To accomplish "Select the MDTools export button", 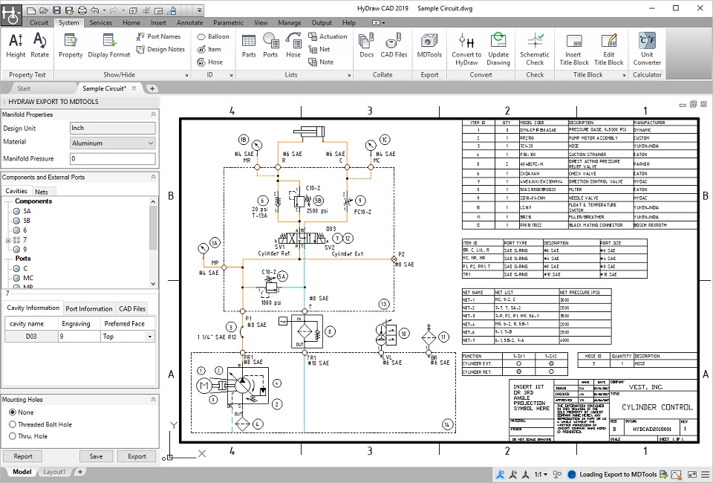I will pos(429,46).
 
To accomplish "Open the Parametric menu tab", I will pos(228,23).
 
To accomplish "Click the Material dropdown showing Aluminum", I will pos(111,143).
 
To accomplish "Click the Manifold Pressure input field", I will pos(111,158).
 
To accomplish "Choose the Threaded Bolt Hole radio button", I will pos(12,424).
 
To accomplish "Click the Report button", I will pos(22,456).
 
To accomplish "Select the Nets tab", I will pos(42,192).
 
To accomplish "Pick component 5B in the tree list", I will pos(27,221).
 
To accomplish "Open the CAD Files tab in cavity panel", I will pos(132,308).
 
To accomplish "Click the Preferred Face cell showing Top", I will pos(127,337).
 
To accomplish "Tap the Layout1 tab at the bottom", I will pos(54,472).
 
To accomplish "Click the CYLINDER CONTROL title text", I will pos(656,407).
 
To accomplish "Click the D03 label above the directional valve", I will pos(331,229).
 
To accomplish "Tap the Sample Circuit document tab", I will pos(103,88).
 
